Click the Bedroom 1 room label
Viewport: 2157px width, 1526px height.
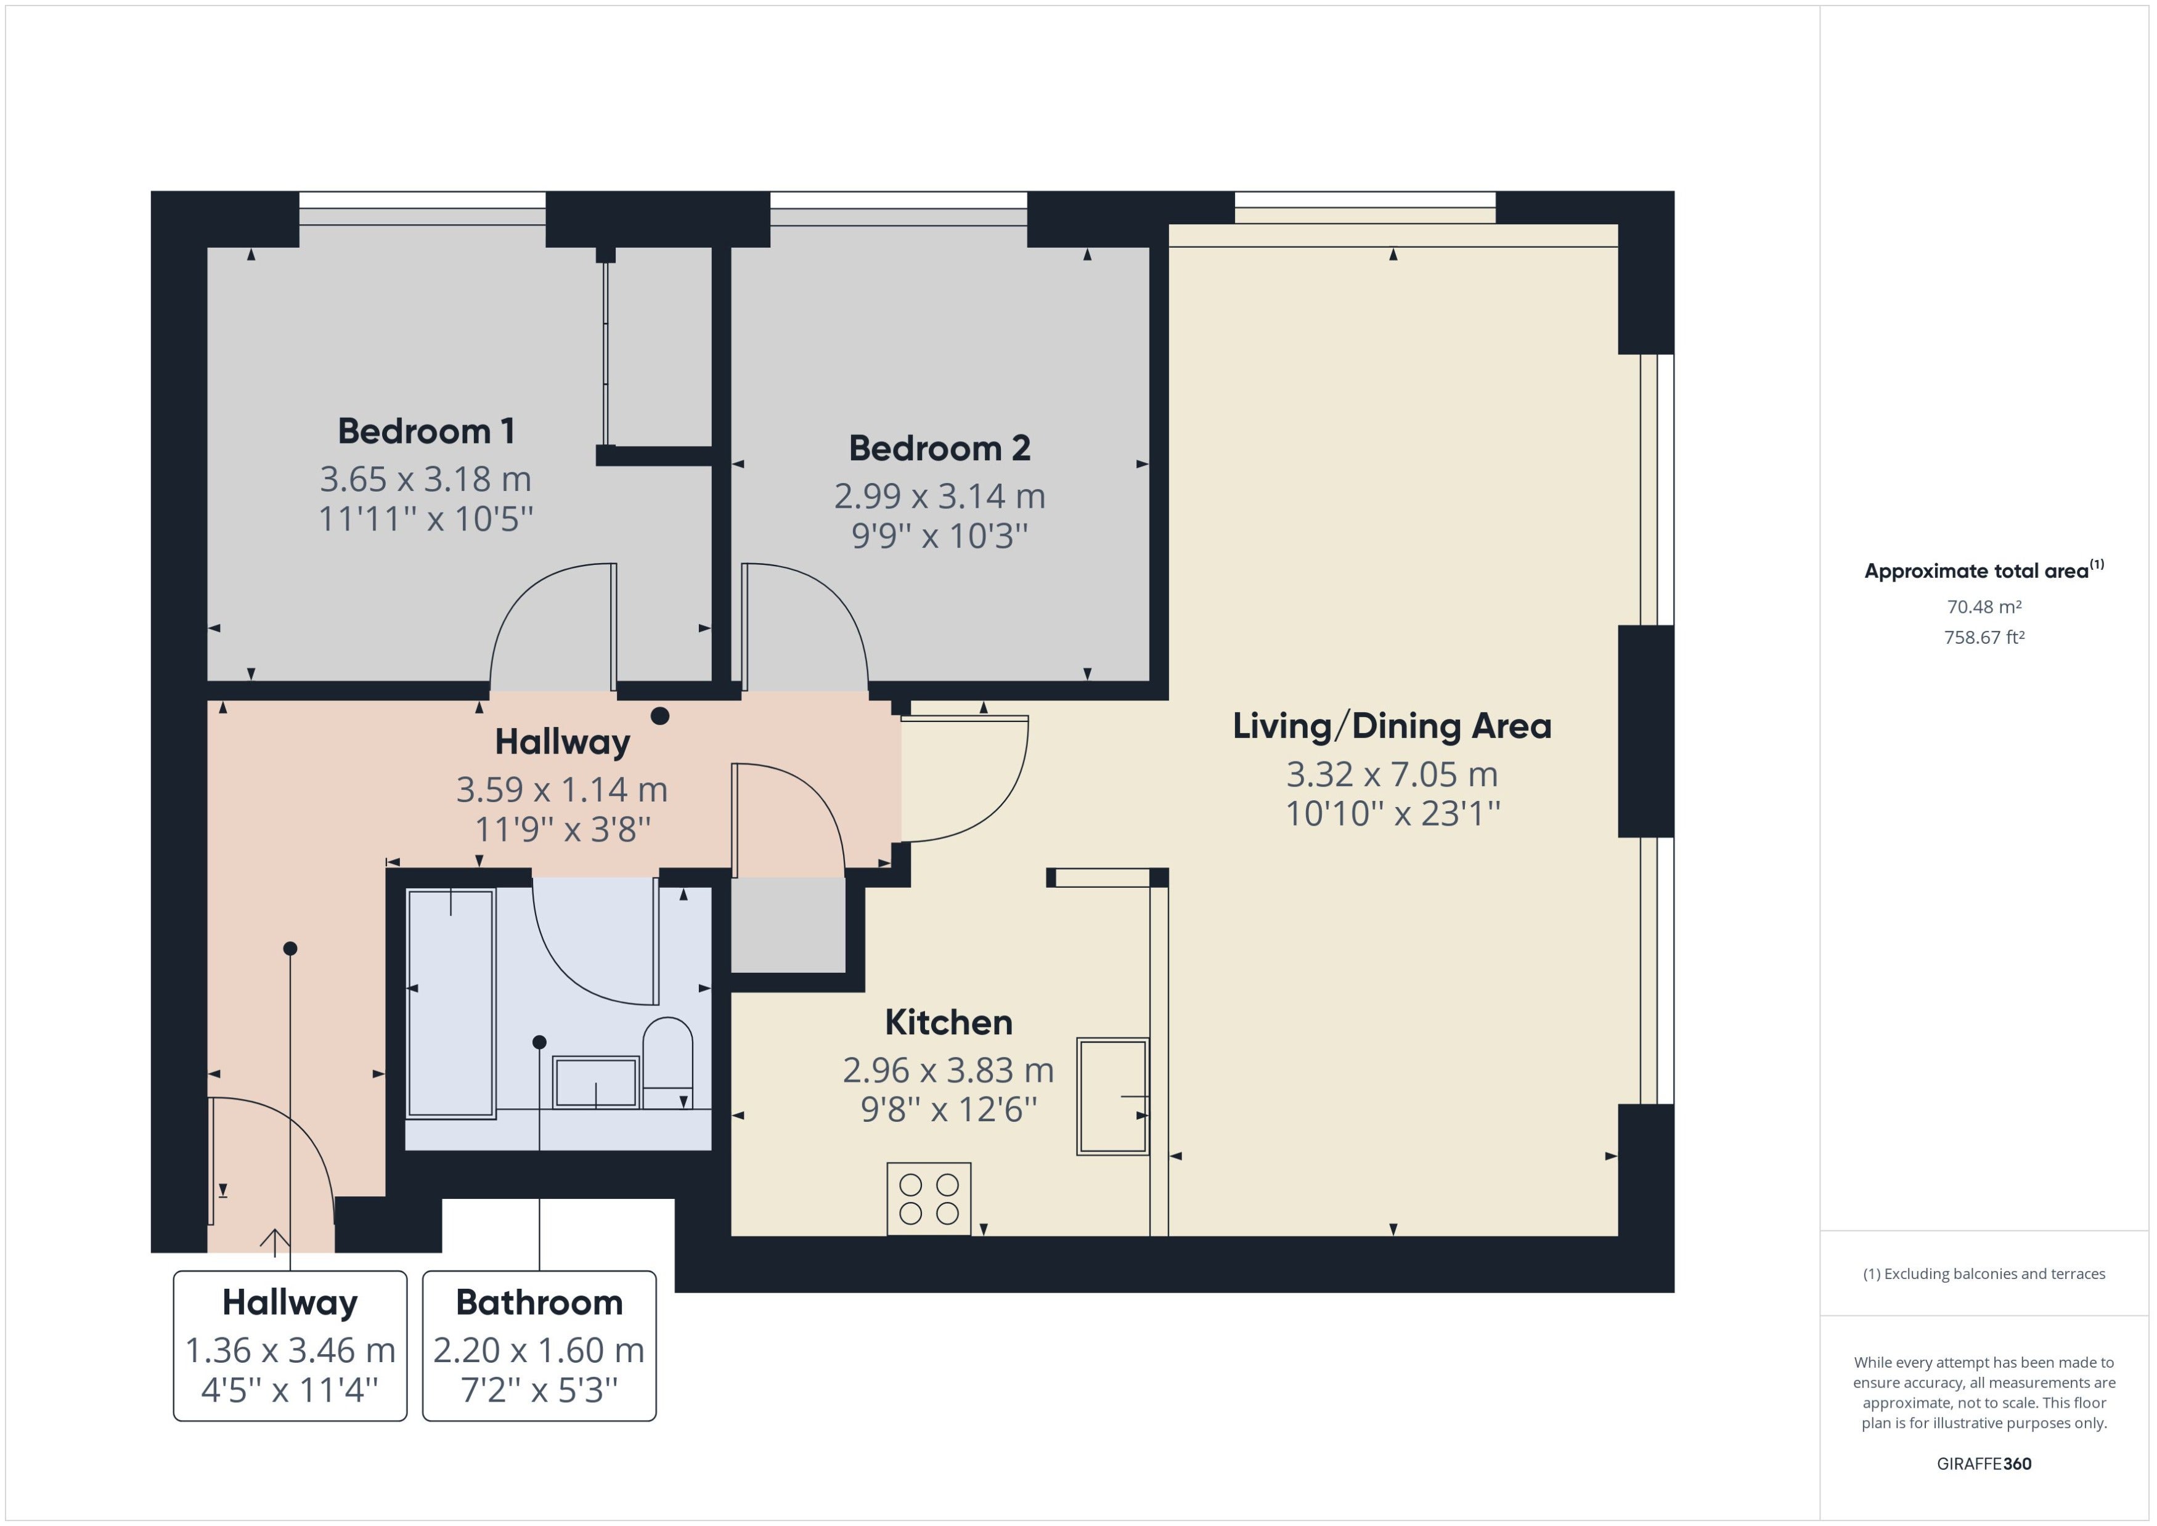(426, 431)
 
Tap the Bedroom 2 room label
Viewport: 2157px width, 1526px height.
(939, 448)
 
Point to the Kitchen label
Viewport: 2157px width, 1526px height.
(948, 1022)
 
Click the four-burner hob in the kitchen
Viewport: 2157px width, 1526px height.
(929, 1199)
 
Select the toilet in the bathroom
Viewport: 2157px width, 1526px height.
(667, 1063)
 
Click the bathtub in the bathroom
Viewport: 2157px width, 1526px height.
(451, 1004)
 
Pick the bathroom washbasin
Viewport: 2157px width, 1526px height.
(596, 1082)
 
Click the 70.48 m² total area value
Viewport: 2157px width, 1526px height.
(1983, 607)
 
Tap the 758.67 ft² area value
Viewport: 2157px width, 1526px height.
(1983, 637)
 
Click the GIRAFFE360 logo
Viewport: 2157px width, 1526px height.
(1983, 1463)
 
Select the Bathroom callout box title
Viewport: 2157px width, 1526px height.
(539, 1302)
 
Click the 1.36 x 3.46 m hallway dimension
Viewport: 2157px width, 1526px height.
(290, 1350)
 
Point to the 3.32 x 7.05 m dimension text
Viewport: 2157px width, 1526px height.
(1392, 774)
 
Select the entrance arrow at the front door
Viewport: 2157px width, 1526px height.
(274, 1242)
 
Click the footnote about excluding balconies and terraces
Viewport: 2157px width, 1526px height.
(1983, 1274)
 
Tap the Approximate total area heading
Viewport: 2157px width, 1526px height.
(1983, 570)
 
